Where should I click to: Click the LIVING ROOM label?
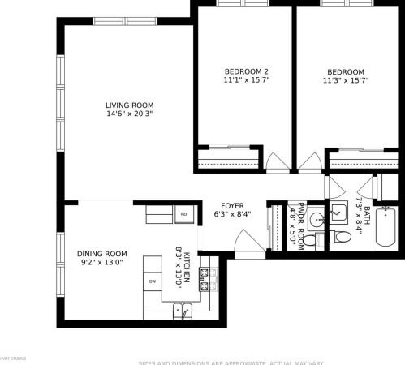pyautogui.click(x=129, y=105)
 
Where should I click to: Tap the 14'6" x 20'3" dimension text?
pyautogui.click(x=129, y=114)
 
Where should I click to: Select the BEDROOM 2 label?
pyautogui.click(x=246, y=71)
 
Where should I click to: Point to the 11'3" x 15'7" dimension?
pyautogui.click(x=347, y=80)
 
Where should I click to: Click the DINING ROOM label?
pyautogui.click(x=102, y=253)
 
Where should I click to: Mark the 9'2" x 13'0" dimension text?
pyautogui.click(x=102, y=262)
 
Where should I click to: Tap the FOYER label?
pyautogui.click(x=232, y=206)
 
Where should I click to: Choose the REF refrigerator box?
pyautogui.click(x=184, y=214)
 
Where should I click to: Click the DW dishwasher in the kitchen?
pyautogui.click(x=152, y=281)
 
